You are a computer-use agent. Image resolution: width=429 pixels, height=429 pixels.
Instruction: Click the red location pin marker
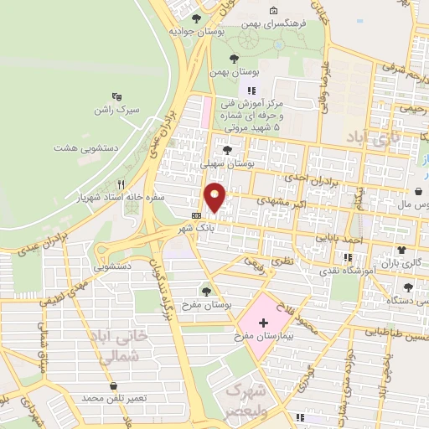215,197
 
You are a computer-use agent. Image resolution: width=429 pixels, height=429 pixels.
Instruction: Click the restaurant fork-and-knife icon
121,184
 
